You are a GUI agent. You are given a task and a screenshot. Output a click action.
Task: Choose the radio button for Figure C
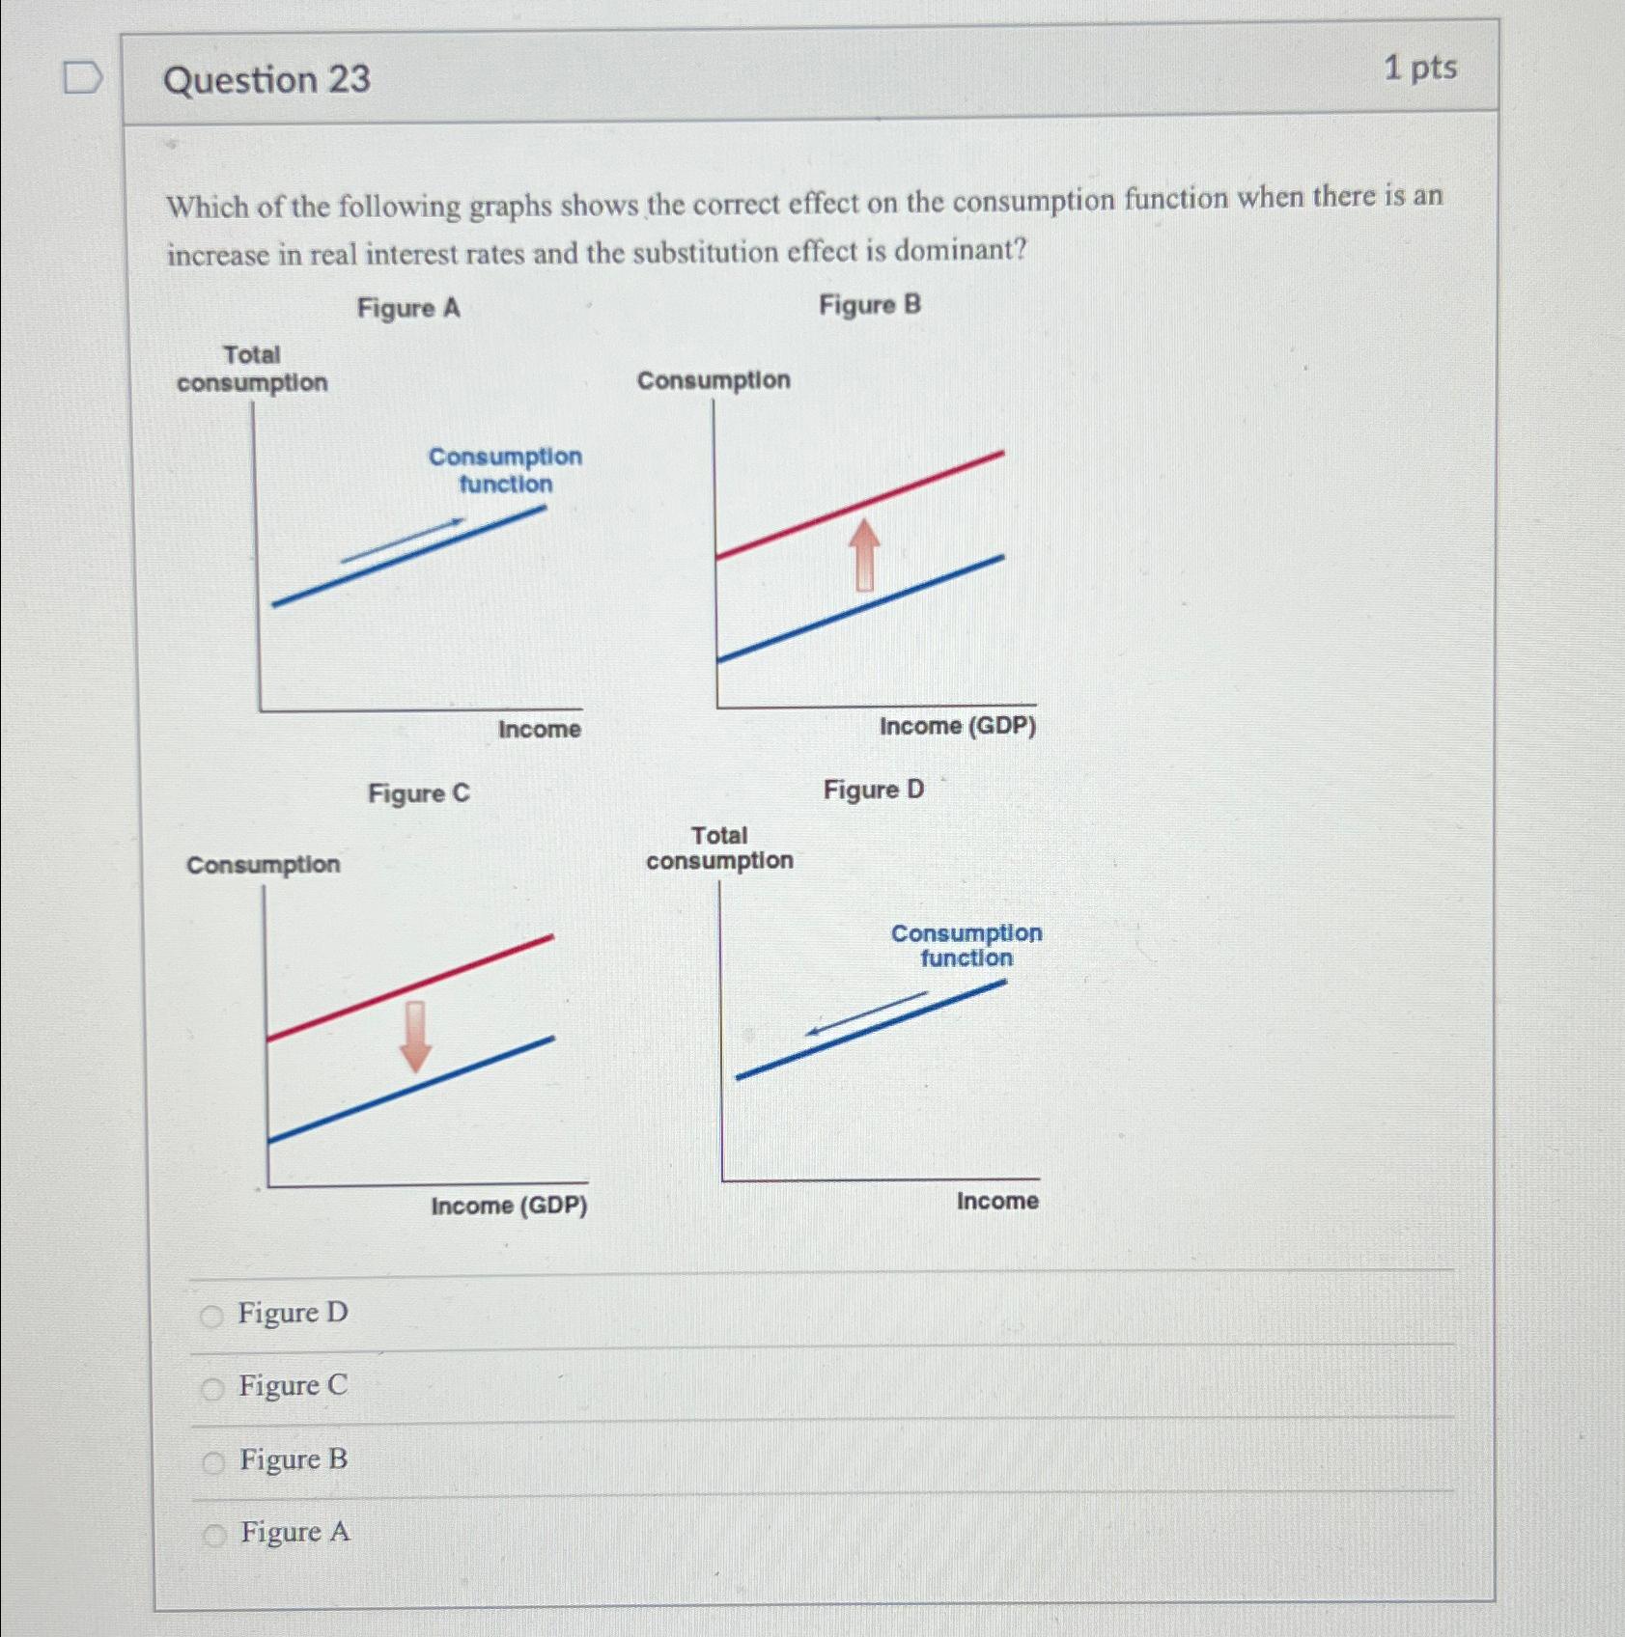tap(212, 1389)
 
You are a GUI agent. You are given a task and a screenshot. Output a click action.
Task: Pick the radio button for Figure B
tap(213, 1462)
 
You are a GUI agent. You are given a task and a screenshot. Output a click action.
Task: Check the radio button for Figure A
tap(214, 1535)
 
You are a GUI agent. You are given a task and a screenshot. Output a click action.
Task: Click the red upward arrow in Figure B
tap(864, 554)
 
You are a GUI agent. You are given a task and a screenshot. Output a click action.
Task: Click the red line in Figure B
tap(859, 504)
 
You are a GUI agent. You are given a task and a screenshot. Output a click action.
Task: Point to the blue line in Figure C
tap(410, 1089)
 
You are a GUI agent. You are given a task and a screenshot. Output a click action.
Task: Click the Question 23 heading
tap(266, 79)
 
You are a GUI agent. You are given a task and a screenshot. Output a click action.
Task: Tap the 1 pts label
tap(1419, 68)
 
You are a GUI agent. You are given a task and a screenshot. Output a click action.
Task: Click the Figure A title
tap(408, 308)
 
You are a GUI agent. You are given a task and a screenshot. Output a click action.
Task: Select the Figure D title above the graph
tap(873, 790)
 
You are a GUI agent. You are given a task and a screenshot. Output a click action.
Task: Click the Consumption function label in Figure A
tap(505, 470)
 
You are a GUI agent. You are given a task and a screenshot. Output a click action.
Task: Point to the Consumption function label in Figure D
tap(966, 945)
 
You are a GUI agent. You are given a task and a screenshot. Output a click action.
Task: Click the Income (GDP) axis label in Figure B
tap(957, 726)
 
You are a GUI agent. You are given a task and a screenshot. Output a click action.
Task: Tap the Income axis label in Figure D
tap(996, 1201)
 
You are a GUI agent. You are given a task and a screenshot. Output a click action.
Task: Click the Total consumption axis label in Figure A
tap(252, 369)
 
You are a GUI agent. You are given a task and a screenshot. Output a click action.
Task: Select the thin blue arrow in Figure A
tap(403, 541)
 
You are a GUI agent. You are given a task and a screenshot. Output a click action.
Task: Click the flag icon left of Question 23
tap(82, 77)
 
